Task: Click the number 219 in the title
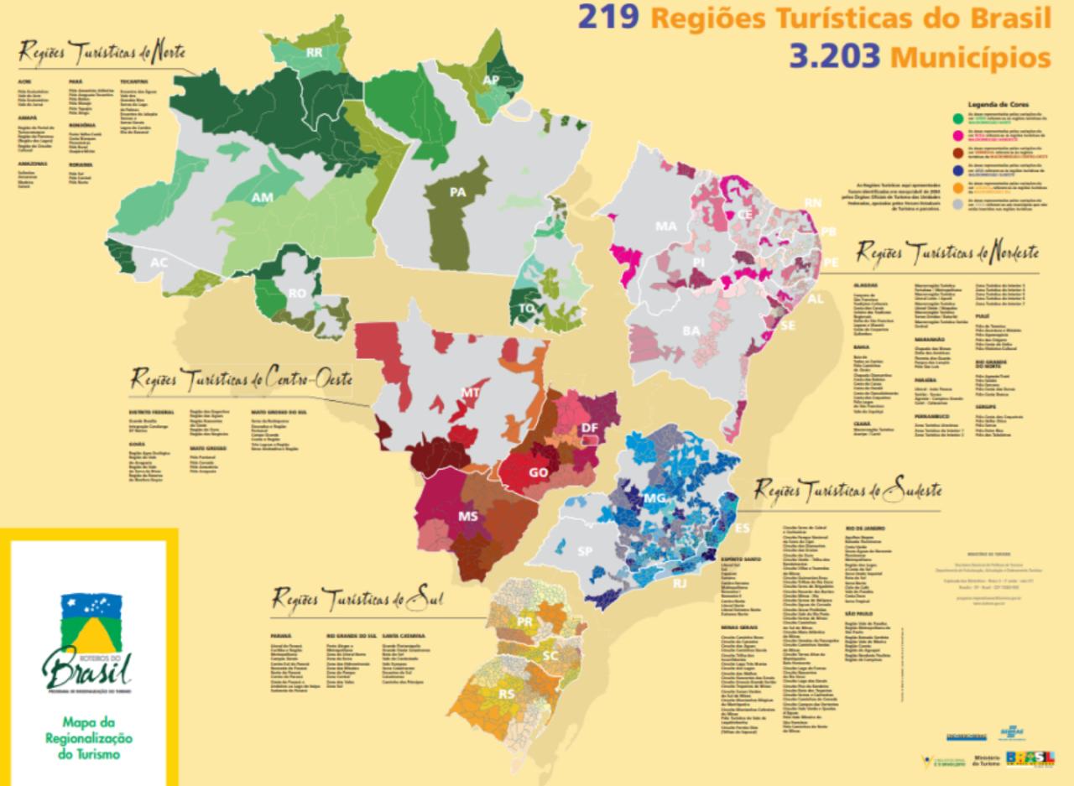pyautogui.click(x=614, y=18)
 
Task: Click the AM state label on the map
pyautogui.click(x=263, y=197)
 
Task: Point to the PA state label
pyautogui.click(x=457, y=192)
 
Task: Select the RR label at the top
pyautogui.click(x=315, y=52)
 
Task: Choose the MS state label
pyautogui.click(x=467, y=515)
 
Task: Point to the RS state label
pyautogui.click(x=508, y=695)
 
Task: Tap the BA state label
pyautogui.click(x=691, y=331)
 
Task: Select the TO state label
pyautogui.click(x=528, y=308)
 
